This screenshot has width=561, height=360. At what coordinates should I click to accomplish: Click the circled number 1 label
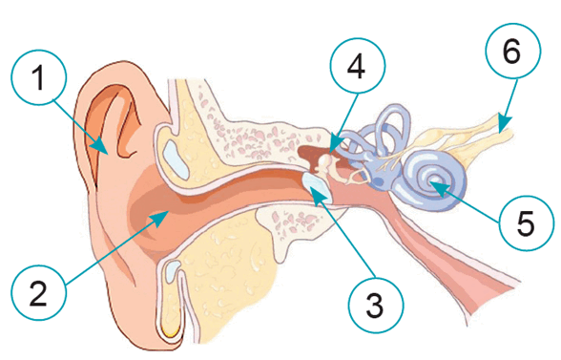pyautogui.click(x=38, y=77)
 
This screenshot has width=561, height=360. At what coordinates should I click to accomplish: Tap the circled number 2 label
pyautogui.click(x=38, y=292)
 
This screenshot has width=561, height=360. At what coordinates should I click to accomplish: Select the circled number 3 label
pyautogui.click(x=376, y=306)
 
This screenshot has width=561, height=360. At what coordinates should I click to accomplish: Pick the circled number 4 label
pyautogui.click(x=358, y=66)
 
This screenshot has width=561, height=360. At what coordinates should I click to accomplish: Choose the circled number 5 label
pyautogui.click(x=527, y=222)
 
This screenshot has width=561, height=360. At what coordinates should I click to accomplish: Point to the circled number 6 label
pyautogui.click(x=513, y=52)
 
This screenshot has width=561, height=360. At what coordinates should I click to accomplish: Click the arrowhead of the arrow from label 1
pyautogui.click(x=101, y=148)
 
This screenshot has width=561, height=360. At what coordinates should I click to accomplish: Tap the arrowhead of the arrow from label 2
pyautogui.click(x=161, y=217)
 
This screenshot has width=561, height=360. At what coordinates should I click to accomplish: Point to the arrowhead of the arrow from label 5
pyautogui.click(x=437, y=187)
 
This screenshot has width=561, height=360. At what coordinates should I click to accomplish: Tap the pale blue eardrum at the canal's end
pyautogui.click(x=317, y=187)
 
